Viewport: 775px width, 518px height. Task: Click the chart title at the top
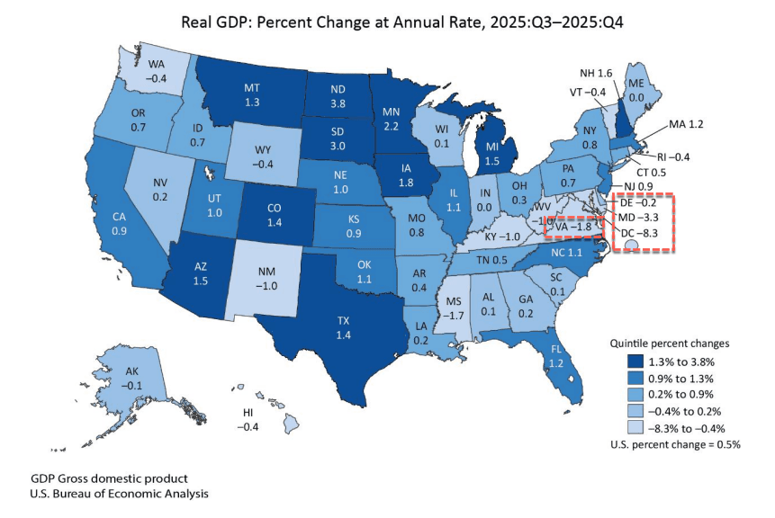click(387, 22)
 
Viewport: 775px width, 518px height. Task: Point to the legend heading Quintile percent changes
click(662, 344)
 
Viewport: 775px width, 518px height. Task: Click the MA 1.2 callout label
click(687, 123)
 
